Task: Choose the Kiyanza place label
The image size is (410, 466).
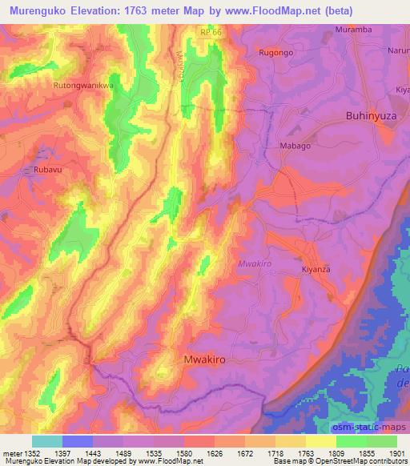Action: (316, 270)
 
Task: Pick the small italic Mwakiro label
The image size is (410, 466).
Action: (255, 263)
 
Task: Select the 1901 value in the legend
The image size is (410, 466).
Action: (394, 453)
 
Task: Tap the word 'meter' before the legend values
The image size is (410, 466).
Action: (11, 453)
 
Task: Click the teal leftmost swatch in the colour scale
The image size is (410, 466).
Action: (47, 441)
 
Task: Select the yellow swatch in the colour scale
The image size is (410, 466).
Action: (321, 441)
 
